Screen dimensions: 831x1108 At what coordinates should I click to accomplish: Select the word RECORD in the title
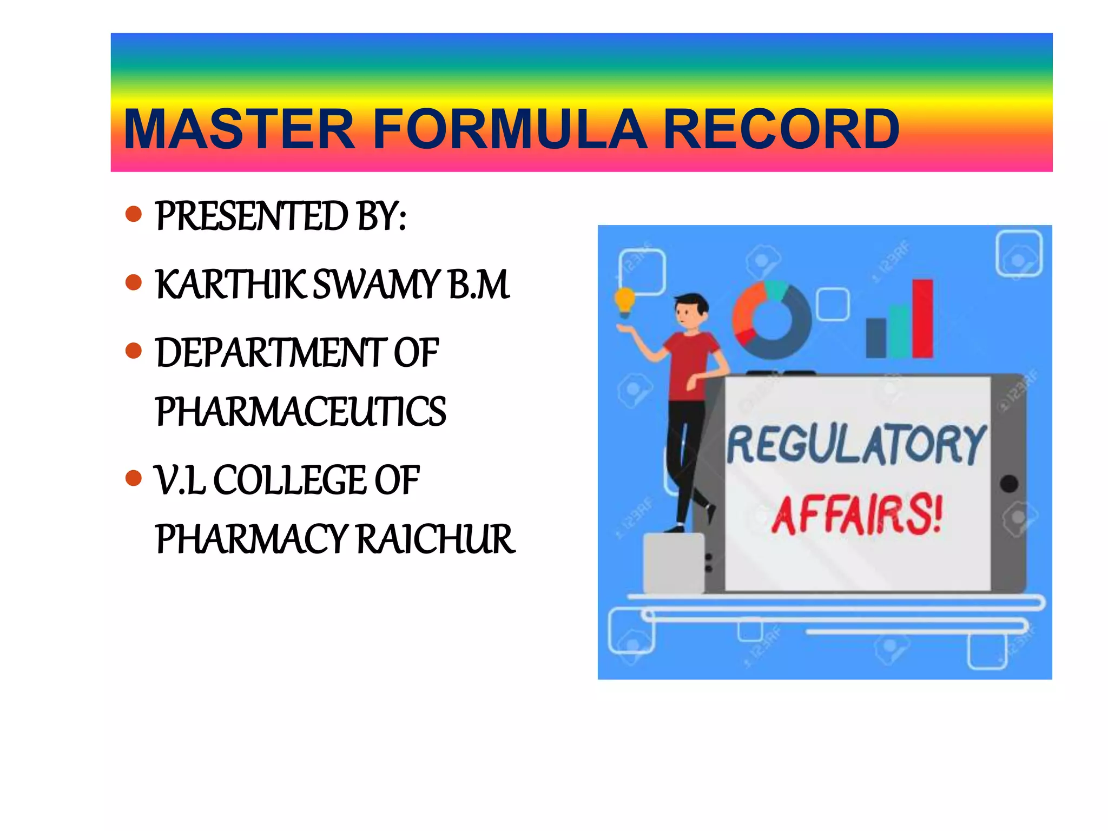[780, 129]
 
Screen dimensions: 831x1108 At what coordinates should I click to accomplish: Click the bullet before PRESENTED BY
[133, 214]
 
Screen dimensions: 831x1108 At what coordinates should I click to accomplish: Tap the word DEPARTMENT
[271, 353]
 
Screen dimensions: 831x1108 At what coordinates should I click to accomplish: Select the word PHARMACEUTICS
[300, 412]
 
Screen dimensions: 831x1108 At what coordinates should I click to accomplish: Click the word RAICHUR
[436, 539]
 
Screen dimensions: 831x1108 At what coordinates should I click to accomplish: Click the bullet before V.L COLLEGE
[133, 478]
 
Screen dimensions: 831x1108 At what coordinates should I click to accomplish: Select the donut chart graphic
[771, 319]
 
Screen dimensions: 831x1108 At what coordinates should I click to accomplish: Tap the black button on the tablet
[1009, 484]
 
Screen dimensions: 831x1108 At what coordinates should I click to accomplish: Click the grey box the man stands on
[674, 563]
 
